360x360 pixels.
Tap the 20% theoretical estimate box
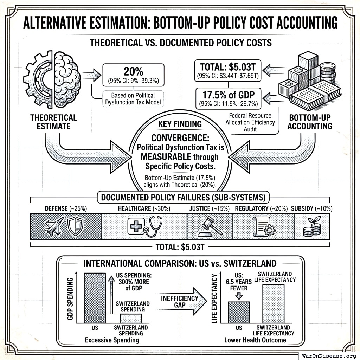pyautogui.click(x=133, y=75)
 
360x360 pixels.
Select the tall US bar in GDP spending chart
pyautogui.click(x=95, y=298)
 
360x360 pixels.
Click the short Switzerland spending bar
pyautogui.click(x=131, y=318)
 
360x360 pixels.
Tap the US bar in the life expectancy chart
pyautogui.click(x=239, y=312)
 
